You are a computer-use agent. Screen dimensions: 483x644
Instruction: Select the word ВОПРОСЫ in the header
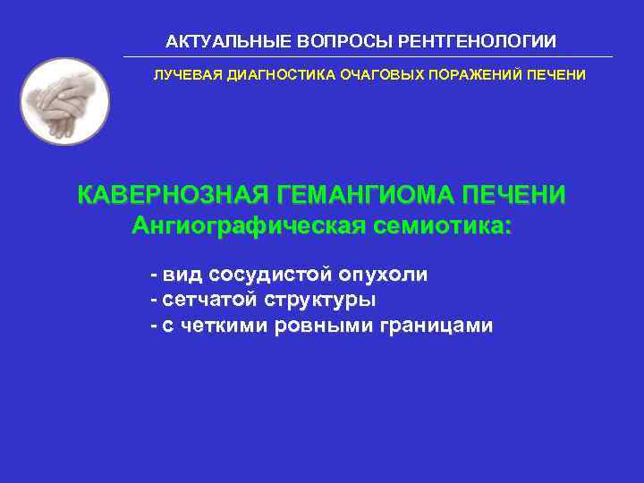(x=326, y=42)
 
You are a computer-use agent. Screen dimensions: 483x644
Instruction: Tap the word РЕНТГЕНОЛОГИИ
(x=470, y=42)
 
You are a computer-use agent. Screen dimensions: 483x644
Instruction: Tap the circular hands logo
(x=64, y=101)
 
